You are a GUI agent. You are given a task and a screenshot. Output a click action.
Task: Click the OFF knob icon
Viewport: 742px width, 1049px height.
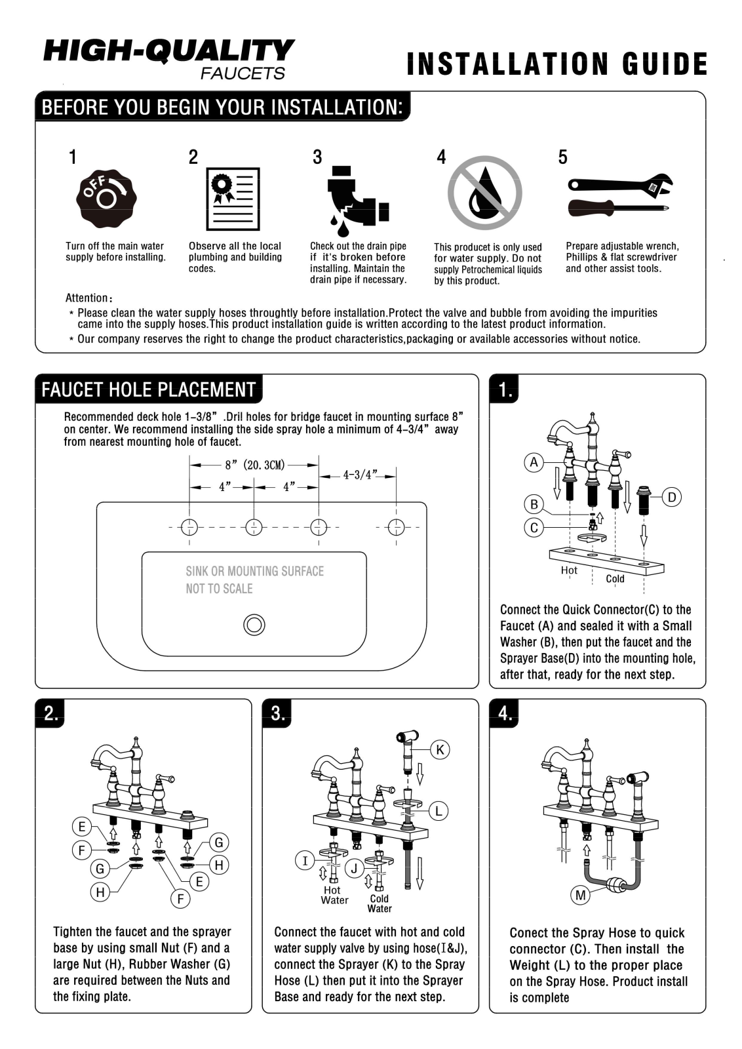pyautogui.click(x=106, y=199)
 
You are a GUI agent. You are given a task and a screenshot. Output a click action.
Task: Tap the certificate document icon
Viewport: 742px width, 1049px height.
pyautogui.click(x=233, y=199)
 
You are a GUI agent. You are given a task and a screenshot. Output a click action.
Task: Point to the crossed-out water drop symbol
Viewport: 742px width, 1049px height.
pyautogui.click(x=484, y=193)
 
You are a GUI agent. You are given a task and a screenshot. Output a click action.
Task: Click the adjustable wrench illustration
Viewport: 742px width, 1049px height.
pyautogui.click(x=620, y=186)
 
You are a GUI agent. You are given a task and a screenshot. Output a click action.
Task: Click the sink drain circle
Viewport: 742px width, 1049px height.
pyautogui.click(x=254, y=625)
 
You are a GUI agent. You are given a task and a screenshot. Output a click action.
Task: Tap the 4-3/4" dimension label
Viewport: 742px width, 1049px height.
pyautogui.click(x=360, y=475)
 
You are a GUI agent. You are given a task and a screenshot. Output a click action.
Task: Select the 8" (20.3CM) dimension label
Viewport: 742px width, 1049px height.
pyautogui.click(x=255, y=465)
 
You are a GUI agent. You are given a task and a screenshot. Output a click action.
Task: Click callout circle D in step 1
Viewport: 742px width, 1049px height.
pyautogui.click(x=672, y=497)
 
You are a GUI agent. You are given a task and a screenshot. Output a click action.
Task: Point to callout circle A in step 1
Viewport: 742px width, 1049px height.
pyautogui.click(x=534, y=463)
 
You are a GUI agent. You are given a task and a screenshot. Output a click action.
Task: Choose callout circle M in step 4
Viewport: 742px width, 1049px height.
pyautogui.click(x=581, y=896)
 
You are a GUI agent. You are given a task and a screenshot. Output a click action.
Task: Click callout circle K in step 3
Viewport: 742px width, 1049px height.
pyautogui.click(x=440, y=750)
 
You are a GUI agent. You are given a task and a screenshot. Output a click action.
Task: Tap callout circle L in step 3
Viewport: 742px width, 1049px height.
pyautogui.click(x=438, y=810)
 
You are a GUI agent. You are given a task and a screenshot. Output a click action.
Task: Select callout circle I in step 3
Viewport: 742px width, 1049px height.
pyautogui.click(x=305, y=861)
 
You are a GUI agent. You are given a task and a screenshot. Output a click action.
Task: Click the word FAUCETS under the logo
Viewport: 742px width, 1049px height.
pyautogui.click(x=243, y=73)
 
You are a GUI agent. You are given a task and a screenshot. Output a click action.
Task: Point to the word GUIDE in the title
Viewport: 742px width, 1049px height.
pyautogui.click(x=665, y=64)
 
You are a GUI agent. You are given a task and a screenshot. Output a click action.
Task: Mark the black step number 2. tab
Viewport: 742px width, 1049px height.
pyautogui.click(x=50, y=713)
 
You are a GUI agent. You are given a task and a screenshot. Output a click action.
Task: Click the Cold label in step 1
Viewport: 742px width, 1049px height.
pyautogui.click(x=615, y=579)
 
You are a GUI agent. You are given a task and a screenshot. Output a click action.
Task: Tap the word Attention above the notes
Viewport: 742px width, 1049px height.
pyautogui.click(x=87, y=298)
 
